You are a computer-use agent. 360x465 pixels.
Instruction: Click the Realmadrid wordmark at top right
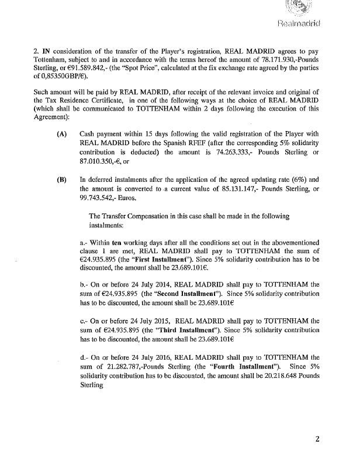tap(319, 24)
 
